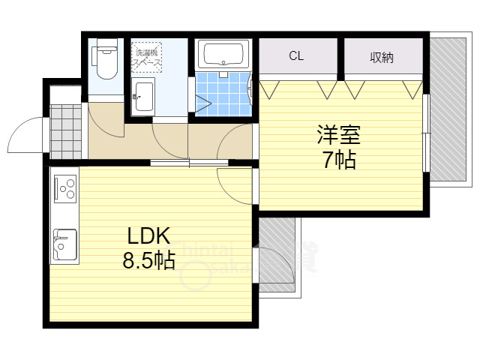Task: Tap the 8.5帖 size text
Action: pyautogui.click(x=149, y=261)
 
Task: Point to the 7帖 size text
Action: pyautogui.click(x=339, y=160)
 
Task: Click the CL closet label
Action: pyautogui.click(x=296, y=56)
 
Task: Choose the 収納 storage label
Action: pyautogui.click(x=382, y=57)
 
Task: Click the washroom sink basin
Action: pyautogui.click(x=142, y=96)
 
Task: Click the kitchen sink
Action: pyautogui.click(x=64, y=242)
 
